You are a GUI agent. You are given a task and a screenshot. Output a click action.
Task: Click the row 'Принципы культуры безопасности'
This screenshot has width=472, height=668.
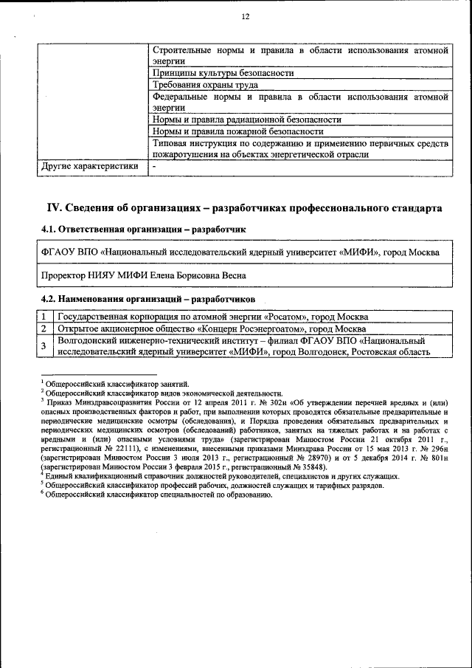pyautogui.click(x=223, y=73)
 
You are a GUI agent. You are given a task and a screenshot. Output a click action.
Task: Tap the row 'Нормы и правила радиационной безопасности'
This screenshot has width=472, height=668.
pyautogui.click(x=246, y=119)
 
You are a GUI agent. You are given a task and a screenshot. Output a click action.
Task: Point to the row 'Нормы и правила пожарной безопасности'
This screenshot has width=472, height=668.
pyautogui.click(x=237, y=131)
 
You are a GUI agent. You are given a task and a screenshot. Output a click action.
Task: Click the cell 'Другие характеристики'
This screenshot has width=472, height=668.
pyautogui.click(x=90, y=166)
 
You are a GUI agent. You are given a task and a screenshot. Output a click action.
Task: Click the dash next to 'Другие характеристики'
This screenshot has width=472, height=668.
pyautogui.click(x=154, y=167)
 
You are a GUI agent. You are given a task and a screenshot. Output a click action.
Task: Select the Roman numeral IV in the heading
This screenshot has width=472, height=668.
pyautogui.click(x=55, y=209)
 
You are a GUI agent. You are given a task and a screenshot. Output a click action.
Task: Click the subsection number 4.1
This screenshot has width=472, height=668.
pyautogui.click(x=49, y=230)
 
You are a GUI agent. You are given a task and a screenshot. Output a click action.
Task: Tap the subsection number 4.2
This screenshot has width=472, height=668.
pyautogui.click(x=49, y=299)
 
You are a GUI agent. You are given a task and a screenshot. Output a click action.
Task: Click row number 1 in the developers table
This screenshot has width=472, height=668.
pyautogui.click(x=44, y=317)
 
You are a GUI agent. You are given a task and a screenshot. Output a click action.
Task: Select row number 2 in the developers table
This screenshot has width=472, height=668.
pyautogui.click(x=44, y=328)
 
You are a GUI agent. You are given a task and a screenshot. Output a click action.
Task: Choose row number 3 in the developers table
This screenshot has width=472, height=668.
pyautogui.click(x=44, y=346)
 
